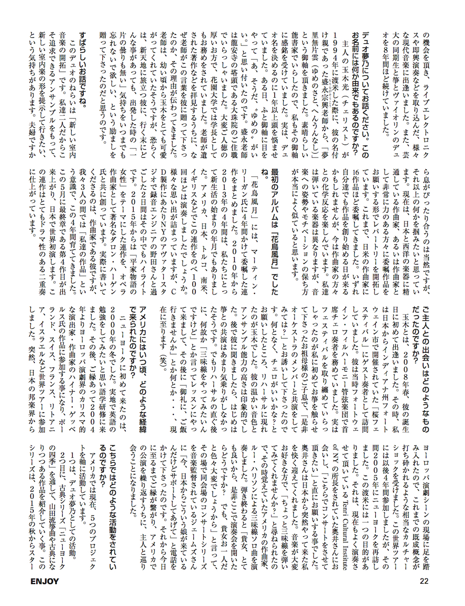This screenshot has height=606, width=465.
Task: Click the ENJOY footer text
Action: [45, 581]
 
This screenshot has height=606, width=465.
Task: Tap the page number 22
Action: [424, 581]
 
